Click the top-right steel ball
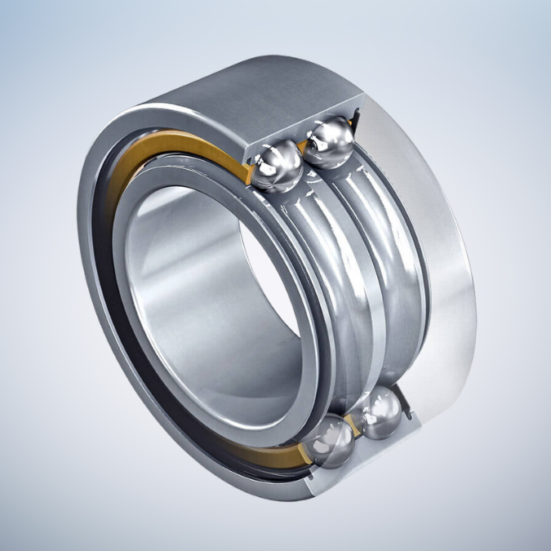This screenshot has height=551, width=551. [x=330, y=140]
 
